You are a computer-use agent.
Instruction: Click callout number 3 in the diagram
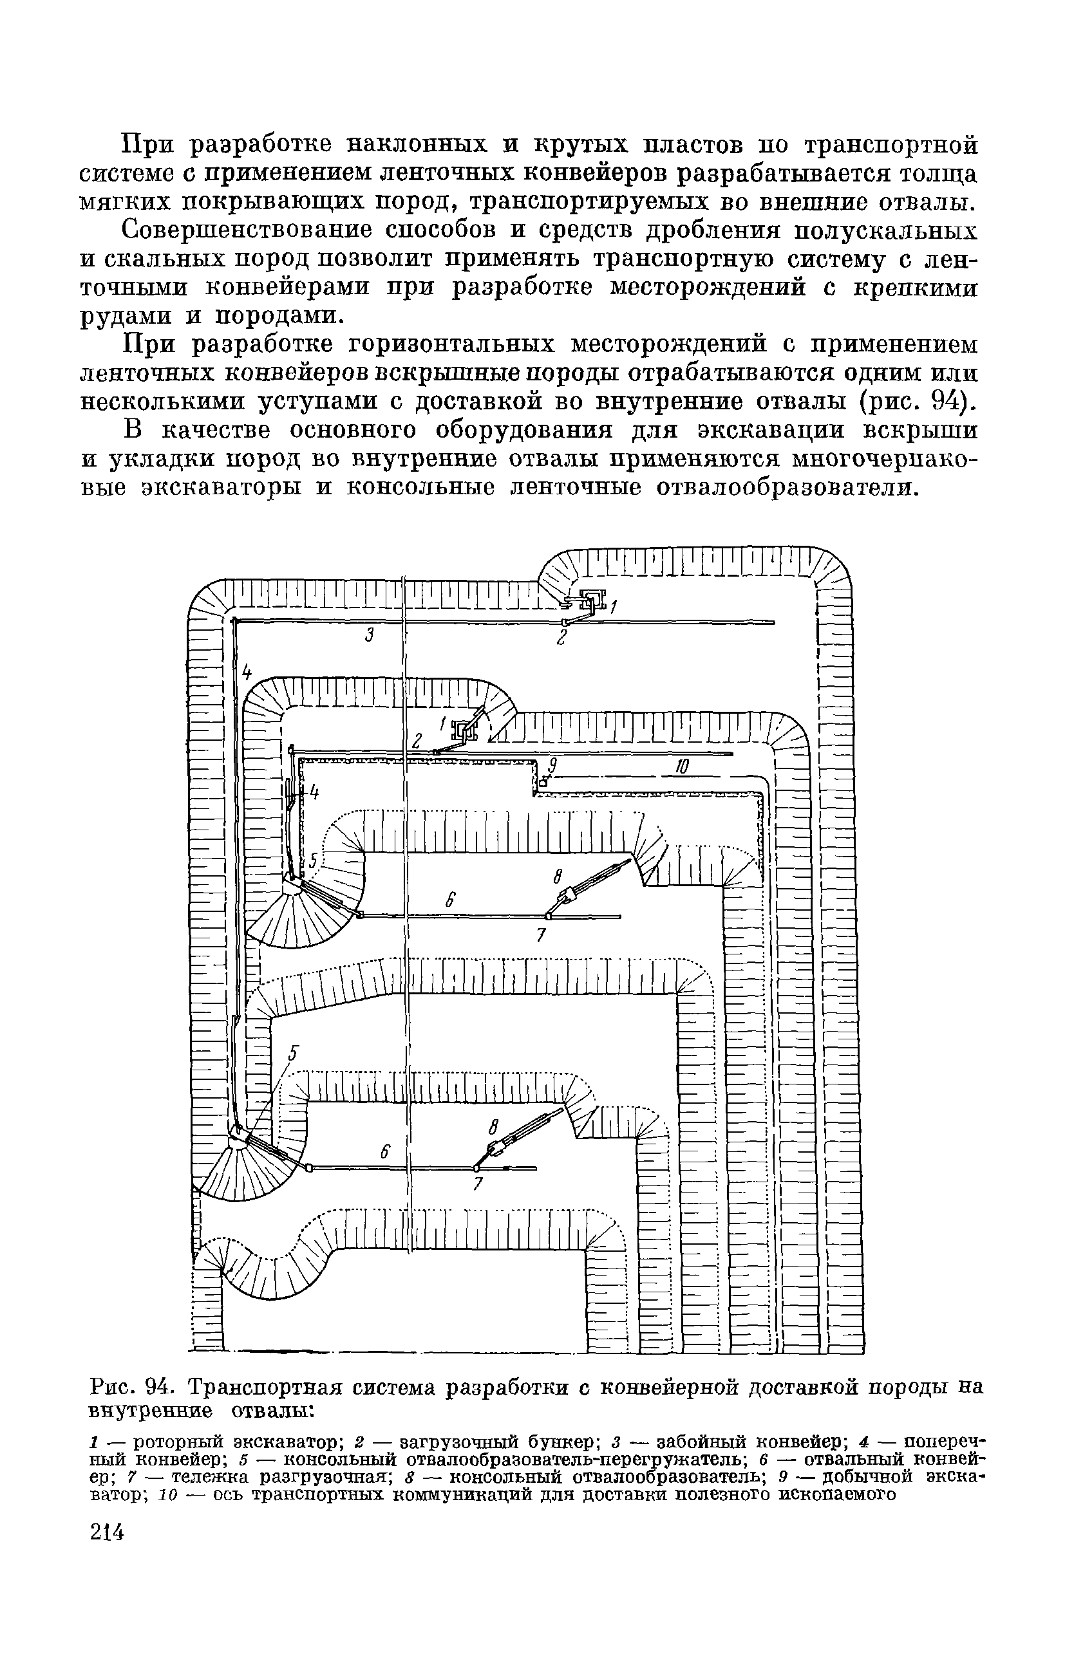point(370,634)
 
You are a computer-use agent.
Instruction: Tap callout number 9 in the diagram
point(553,765)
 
